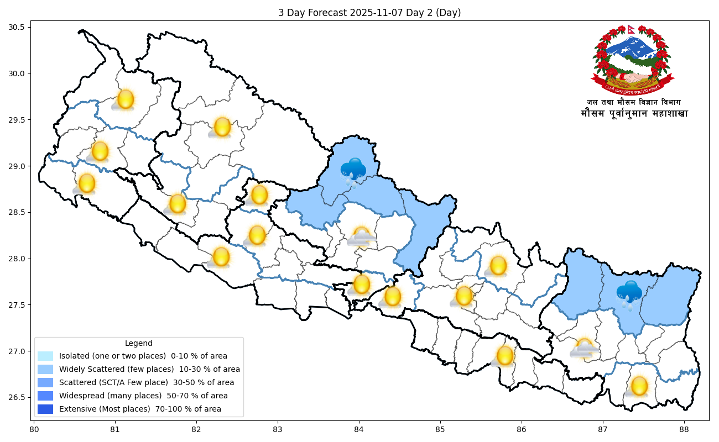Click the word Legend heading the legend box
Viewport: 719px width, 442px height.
(138, 343)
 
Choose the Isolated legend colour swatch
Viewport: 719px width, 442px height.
(45, 356)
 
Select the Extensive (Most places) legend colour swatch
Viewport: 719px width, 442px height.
(45, 409)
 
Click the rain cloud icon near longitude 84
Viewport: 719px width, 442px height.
(352, 171)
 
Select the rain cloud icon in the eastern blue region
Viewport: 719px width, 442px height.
(629, 293)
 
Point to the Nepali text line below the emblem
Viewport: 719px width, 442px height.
(634, 114)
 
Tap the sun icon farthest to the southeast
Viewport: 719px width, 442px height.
(638, 386)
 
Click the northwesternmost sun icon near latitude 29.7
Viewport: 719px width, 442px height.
(125, 99)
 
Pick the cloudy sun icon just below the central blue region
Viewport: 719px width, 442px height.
(361, 237)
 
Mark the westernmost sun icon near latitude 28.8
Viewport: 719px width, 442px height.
(86, 183)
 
